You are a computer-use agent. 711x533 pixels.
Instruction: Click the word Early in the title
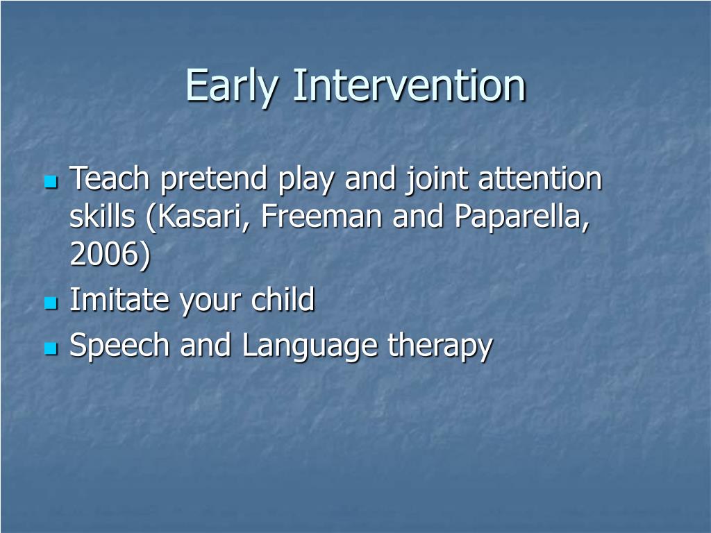click(x=231, y=86)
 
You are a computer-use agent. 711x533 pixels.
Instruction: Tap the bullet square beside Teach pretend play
click(x=51, y=183)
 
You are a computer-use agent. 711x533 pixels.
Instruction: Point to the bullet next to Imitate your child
click(x=51, y=303)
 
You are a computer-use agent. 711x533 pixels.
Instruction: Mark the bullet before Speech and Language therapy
click(x=51, y=348)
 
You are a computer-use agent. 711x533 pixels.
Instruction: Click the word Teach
click(x=109, y=178)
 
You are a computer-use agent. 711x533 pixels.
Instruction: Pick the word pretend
click(x=214, y=180)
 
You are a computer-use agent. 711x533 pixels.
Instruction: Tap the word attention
click(x=540, y=178)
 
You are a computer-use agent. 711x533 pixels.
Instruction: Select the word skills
click(x=103, y=216)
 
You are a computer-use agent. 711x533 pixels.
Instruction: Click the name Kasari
click(x=198, y=217)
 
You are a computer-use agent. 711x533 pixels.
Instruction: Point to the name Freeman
click(x=321, y=217)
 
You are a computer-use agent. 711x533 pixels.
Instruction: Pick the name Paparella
click(x=521, y=217)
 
